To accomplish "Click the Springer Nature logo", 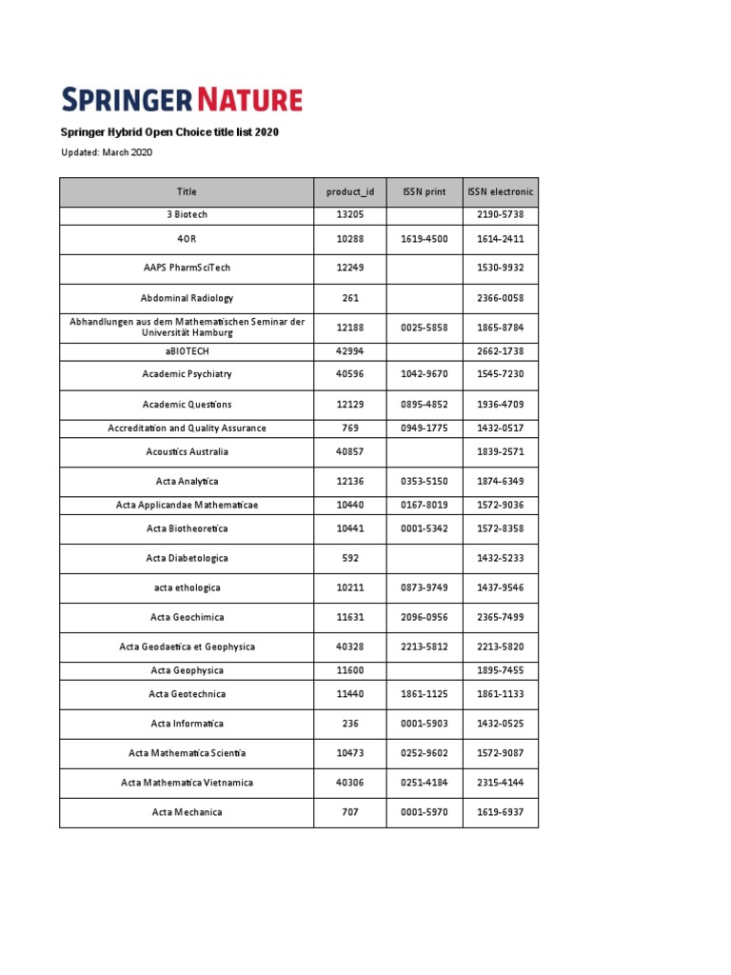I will [x=182, y=99].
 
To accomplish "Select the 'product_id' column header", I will [x=350, y=192].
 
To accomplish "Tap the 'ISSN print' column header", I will [x=425, y=192].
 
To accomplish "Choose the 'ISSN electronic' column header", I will [x=501, y=192].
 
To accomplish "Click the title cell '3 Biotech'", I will [x=187, y=215].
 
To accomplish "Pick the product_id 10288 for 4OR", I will [x=350, y=239].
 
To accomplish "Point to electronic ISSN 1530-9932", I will [x=501, y=269].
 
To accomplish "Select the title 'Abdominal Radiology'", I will [x=187, y=298].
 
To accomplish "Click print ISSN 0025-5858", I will [x=425, y=328].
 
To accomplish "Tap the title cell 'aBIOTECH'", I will [x=187, y=351].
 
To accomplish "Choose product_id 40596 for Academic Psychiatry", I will [x=350, y=374].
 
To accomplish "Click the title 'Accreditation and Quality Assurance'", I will [x=187, y=428].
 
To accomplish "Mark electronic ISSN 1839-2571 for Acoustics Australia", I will [x=501, y=452].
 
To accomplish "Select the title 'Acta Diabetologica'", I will [x=187, y=558].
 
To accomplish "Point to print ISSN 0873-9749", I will [x=425, y=587].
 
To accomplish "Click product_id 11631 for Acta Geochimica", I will [x=350, y=617].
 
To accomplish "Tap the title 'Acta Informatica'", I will [x=187, y=724].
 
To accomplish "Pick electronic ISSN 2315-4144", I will [x=501, y=783].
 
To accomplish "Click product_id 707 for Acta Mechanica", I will [x=350, y=812].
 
